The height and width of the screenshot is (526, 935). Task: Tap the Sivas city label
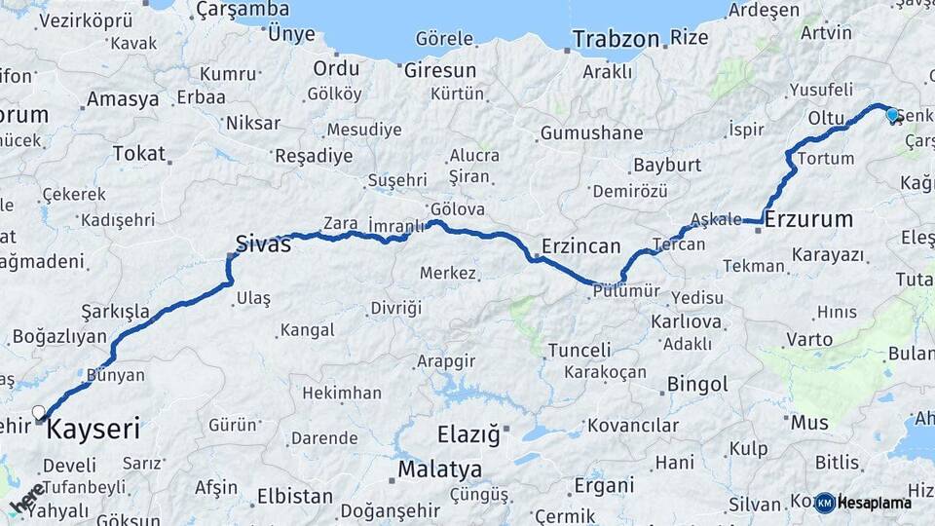coord(263,244)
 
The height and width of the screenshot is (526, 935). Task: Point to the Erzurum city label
coord(808,219)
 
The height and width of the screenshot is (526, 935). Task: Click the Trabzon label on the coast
coord(616,39)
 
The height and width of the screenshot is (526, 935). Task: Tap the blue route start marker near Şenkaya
coord(892,115)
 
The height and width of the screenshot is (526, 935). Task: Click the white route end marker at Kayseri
coord(39,413)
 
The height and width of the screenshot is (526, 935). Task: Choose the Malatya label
coord(439,470)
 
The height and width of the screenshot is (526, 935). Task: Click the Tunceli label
coord(580,350)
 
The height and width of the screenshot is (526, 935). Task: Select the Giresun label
coord(440,70)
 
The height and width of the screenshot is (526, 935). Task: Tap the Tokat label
coord(139,153)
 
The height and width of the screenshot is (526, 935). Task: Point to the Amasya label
coord(123,99)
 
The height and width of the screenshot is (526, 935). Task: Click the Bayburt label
coord(667,165)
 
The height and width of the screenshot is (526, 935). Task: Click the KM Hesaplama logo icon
coord(825,503)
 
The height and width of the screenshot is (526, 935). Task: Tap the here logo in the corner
coord(27,497)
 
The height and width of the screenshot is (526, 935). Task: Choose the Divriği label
coord(396,309)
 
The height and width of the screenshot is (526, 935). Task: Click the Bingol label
coord(697,384)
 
